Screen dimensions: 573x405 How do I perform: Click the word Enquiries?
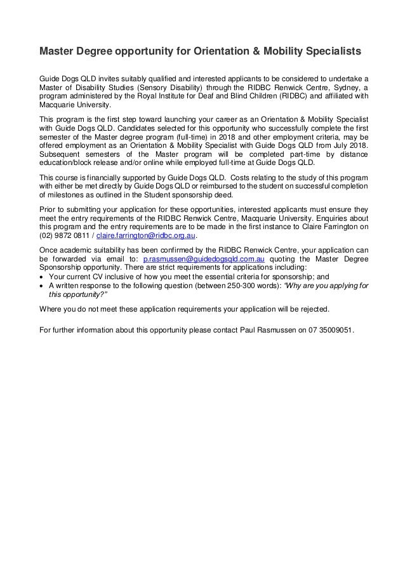coord(338,219)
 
